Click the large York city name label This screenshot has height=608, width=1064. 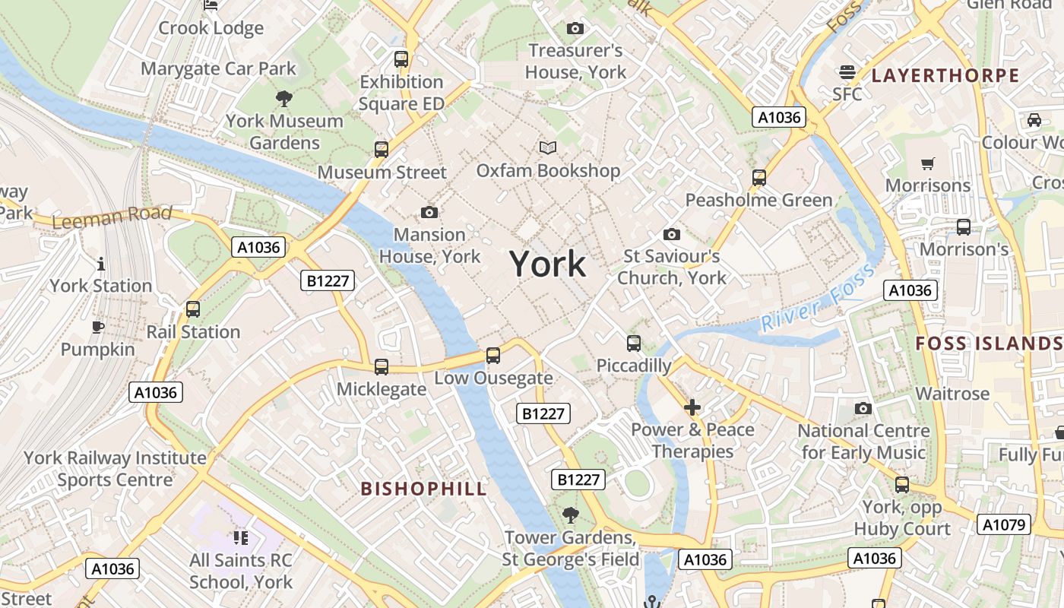click(547, 264)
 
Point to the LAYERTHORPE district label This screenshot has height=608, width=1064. click(945, 75)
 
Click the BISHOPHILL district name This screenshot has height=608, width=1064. click(423, 489)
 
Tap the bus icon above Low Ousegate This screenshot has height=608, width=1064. click(493, 355)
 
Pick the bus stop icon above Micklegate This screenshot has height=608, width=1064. click(382, 366)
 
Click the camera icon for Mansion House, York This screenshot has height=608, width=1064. click(429, 212)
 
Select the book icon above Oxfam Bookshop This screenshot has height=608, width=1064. click(548, 147)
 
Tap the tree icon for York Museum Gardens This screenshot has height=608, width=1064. click(284, 98)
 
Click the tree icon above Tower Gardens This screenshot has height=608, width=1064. click(570, 515)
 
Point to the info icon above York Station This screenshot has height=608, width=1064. click(101, 264)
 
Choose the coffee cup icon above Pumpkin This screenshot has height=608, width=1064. click(97, 328)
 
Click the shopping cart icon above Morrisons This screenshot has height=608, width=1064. click(927, 163)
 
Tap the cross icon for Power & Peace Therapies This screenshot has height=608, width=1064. click(692, 407)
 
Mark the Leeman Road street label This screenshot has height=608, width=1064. click(112, 217)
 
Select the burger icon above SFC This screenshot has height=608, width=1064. click(847, 72)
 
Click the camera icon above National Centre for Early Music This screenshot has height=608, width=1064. click(863, 409)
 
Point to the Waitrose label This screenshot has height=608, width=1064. click(952, 394)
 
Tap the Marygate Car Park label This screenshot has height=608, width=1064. click(218, 68)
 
